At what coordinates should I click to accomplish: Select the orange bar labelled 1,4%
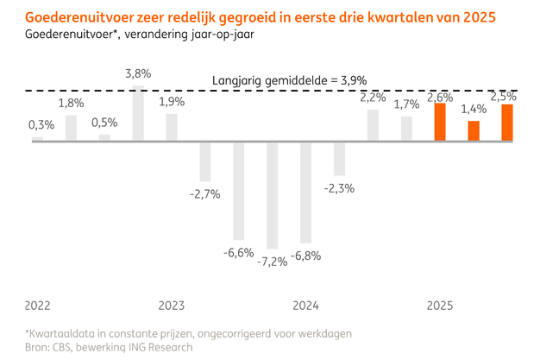coord(474,130)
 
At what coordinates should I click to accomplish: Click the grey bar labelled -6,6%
coord(239,191)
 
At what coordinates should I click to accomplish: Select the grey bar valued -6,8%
coord(306,193)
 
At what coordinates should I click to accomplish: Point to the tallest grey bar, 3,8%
coord(138,113)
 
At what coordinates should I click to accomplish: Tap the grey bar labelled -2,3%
coord(340,158)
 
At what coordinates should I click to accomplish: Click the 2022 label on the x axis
coord(37,306)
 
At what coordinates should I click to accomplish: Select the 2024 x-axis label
coord(306,306)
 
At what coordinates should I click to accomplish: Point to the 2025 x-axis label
coord(440,306)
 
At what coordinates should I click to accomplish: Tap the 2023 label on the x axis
coord(172,306)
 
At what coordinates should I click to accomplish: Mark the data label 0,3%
coord(41,124)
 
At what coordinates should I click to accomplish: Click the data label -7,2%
coord(272,261)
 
